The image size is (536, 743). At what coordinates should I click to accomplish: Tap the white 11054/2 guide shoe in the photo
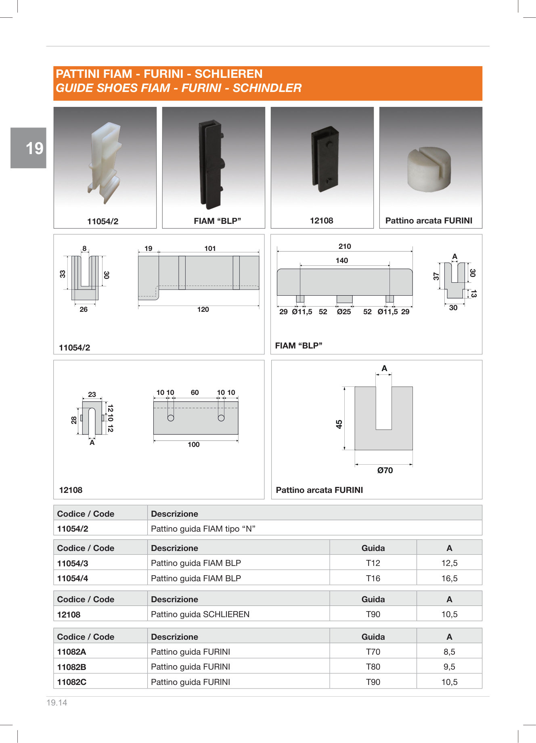pos(104,161)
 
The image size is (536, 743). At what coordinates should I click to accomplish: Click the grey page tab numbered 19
pos(29,148)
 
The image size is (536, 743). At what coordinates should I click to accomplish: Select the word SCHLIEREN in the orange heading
pos(228,74)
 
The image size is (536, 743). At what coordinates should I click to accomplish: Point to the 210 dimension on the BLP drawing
pos(345,246)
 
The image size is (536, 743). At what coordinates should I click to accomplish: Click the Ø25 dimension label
pos(344,312)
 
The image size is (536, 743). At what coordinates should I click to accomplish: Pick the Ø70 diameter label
pos(385,470)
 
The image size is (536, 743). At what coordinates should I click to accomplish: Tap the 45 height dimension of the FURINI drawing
pos(339,424)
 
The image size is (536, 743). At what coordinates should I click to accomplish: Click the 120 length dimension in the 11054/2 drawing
pos(203,309)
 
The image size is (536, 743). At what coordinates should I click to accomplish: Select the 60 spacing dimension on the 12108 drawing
pos(195,392)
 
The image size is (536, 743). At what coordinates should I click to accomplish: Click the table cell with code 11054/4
pos(73,578)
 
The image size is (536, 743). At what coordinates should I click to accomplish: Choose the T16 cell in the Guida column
pos(373,578)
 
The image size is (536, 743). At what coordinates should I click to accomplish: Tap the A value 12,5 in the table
pos(449,563)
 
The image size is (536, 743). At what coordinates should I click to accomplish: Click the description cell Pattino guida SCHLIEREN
pos(200,614)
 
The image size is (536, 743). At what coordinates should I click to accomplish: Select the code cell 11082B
pos(72,667)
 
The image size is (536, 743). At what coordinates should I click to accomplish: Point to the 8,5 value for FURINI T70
pos(449,652)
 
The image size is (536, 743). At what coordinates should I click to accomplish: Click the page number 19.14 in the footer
pos(57,703)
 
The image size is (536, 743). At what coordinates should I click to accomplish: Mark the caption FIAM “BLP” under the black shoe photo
pos(217,221)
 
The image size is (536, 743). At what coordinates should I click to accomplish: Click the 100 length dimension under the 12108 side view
pos(194,445)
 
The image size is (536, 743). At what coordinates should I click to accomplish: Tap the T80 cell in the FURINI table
pos(373,667)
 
